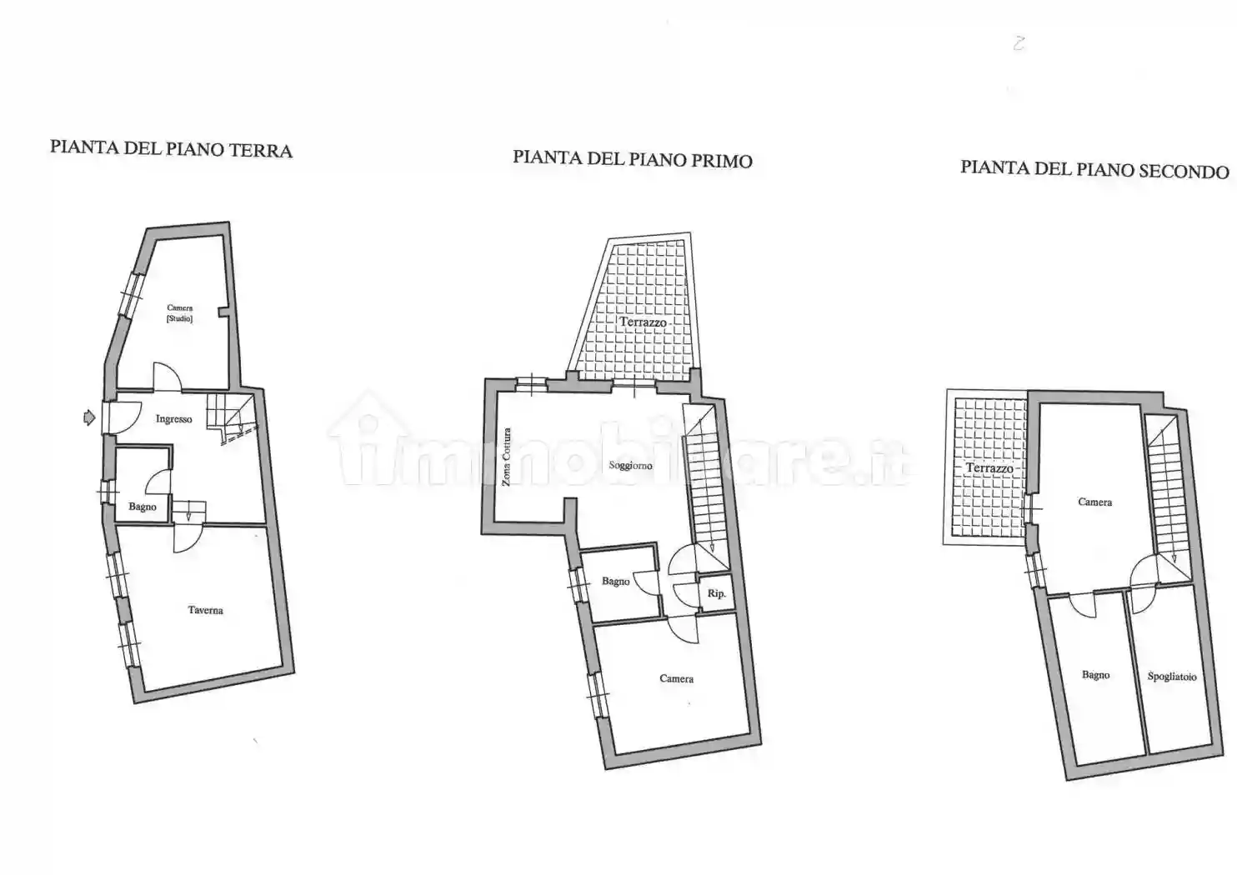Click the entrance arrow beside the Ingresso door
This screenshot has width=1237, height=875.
89,417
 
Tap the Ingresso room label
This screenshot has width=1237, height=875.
174,419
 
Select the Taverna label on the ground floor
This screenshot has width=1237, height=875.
205,610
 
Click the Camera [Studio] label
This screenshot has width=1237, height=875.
180,313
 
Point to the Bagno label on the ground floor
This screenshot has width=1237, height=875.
143,507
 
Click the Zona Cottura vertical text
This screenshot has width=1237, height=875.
506,457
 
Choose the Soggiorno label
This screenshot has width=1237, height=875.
631,465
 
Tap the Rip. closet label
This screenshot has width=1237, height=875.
716,593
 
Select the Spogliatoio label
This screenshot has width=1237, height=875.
1172,677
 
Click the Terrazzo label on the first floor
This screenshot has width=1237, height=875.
643,322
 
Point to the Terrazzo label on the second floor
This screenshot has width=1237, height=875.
989,468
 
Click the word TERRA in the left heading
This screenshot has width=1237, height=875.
260,150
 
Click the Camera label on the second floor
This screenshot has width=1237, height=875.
1095,502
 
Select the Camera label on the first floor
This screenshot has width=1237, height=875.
677,678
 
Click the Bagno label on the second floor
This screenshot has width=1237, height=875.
1095,675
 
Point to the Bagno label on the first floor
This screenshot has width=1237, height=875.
616,582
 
